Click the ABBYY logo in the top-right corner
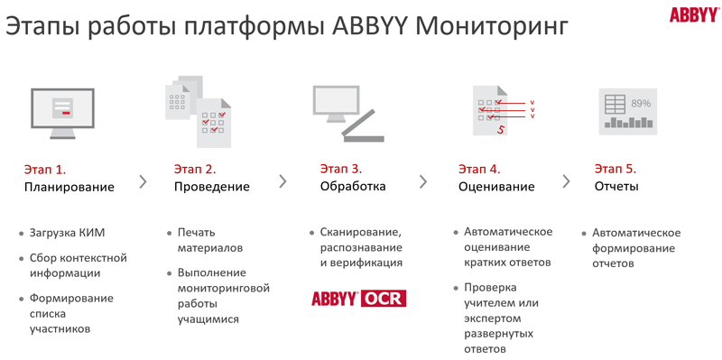[x=693, y=14]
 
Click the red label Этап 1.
[x=45, y=169]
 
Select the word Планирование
[x=69, y=187]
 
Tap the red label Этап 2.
[x=195, y=169]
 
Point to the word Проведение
[x=212, y=187]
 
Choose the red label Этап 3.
[x=341, y=169]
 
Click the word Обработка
[x=353, y=187]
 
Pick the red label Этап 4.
[x=479, y=169]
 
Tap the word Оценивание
[x=496, y=187]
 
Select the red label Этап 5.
[x=616, y=169]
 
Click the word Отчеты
[x=616, y=187]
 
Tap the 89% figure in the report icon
[x=641, y=103]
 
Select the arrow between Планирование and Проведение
[x=142, y=180]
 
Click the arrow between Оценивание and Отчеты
[x=566, y=180]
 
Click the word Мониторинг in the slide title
[x=495, y=26]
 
